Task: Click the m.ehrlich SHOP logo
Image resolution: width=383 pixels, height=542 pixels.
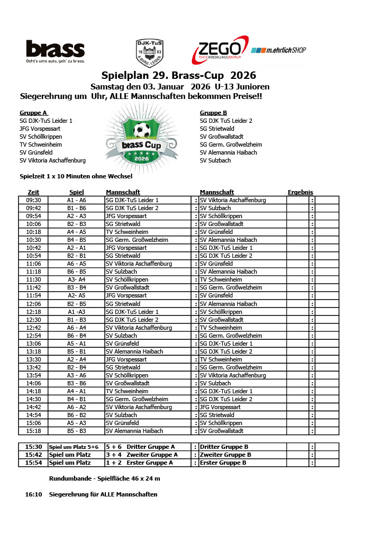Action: (278, 50)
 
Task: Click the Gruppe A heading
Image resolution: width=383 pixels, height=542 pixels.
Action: (34, 113)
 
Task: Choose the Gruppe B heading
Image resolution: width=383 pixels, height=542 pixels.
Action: (213, 113)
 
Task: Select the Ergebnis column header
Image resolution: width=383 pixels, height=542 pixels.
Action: (300, 192)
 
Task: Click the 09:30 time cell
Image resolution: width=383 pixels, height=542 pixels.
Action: (33, 201)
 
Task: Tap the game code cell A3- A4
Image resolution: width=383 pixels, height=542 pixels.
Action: (76, 280)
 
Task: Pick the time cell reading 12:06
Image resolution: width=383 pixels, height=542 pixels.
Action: (33, 304)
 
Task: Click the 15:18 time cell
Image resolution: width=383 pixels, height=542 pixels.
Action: (33, 431)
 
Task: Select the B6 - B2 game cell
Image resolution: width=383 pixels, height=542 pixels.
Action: (76, 415)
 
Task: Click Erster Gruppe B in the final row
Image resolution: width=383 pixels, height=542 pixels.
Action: (223, 463)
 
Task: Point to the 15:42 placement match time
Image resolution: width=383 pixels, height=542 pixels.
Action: (33, 455)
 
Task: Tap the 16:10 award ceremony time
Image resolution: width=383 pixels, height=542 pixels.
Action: (33, 495)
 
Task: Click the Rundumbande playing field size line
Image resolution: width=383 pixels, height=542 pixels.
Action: (104, 478)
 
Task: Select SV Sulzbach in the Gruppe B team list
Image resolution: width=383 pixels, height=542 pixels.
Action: (215, 160)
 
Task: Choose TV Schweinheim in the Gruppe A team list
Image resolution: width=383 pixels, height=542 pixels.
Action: (41, 144)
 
